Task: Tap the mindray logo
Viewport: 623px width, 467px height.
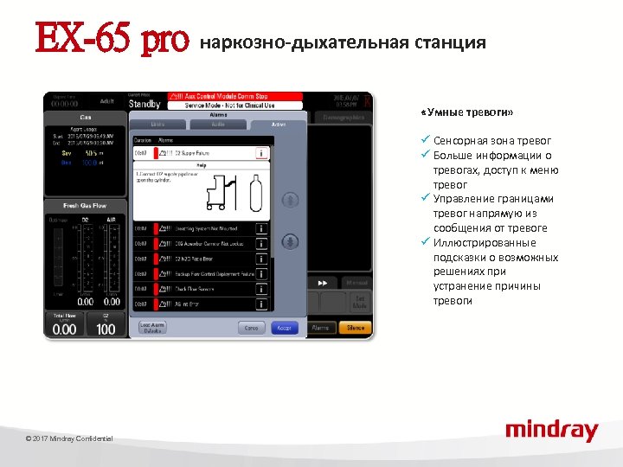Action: coord(551,430)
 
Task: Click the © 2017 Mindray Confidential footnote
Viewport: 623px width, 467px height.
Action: coord(69,439)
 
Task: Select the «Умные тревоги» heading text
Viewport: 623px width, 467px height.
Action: coord(466,113)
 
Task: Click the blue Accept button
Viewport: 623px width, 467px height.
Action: coord(285,328)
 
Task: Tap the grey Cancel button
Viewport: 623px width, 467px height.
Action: coord(251,328)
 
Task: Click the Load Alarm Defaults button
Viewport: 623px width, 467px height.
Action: coord(151,328)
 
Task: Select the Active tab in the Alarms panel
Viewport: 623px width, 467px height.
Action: coord(278,125)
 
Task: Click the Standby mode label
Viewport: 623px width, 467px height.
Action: coord(145,104)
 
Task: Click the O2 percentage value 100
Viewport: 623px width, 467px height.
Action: coord(106,329)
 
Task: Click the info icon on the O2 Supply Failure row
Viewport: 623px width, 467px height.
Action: coord(260,153)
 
